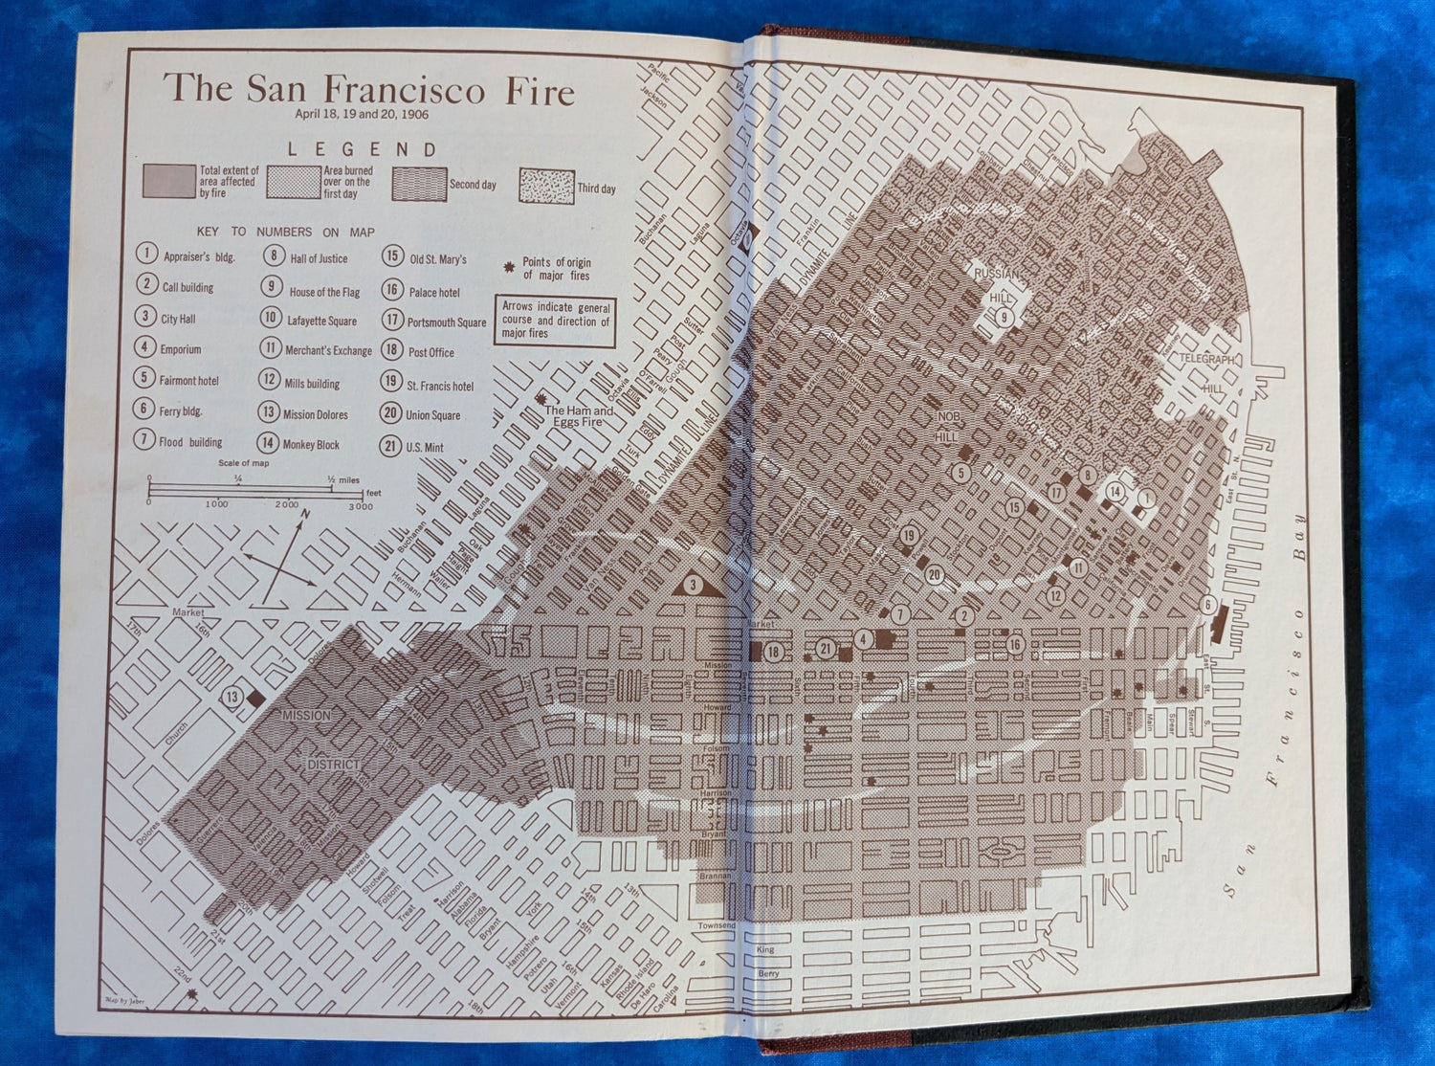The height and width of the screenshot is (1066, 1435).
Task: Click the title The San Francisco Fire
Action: click(x=368, y=89)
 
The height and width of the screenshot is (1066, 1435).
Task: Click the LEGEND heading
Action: click(x=363, y=149)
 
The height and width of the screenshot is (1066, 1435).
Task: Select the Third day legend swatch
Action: click(x=545, y=186)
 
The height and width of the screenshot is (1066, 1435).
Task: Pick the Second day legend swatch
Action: click(x=419, y=184)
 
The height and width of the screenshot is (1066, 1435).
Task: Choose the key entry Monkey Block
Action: click(x=298, y=444)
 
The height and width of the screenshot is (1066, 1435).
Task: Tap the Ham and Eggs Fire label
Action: click(x=580, y=416)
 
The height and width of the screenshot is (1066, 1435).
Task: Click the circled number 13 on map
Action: click(x=233, y=698)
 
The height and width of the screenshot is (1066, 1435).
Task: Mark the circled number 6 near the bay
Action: click(x=1208, y=605)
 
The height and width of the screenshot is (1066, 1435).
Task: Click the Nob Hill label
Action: click(x=946, y=427)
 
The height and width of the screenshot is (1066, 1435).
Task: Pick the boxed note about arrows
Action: click(x=555, y=321)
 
